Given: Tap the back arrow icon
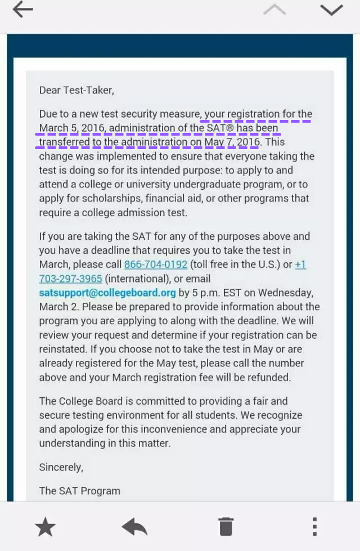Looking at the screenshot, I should pos(22,10).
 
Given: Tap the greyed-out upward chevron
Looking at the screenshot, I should pos(274,10).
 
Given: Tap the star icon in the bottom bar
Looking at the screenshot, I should pos(45,527).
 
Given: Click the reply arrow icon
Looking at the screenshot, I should pos(134,527).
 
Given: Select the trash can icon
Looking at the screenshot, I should pos(226,527).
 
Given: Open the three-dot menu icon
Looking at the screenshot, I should pos(314,527).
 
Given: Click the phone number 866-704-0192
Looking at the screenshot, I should pos(156,265).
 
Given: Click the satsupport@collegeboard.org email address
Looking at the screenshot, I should pos(107,293).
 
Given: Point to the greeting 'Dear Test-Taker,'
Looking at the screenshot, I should pos(76,90).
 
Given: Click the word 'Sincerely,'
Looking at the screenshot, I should pos(61,467).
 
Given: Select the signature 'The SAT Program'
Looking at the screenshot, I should pos(79,491).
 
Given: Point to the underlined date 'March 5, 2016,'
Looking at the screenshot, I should pos(72,128).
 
